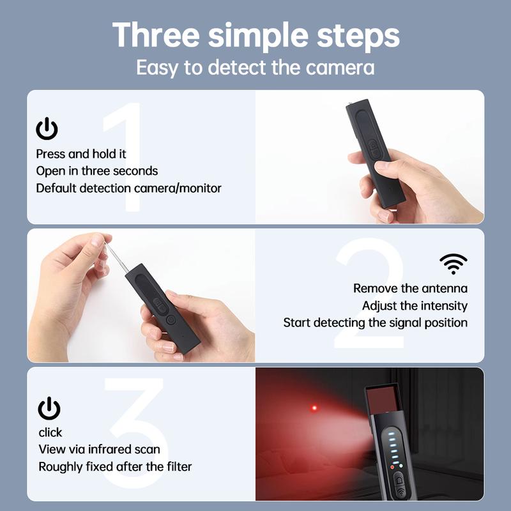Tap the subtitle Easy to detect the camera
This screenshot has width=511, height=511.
256,67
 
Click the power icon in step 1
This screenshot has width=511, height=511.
47,130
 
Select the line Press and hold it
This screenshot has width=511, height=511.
81,154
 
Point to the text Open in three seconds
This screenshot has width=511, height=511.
97,171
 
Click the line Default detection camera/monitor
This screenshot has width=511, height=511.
129,188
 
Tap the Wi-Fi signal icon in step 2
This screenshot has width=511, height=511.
454,263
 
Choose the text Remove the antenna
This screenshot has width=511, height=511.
410,289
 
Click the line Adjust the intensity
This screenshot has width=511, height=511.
415,306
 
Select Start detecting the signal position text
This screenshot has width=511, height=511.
376,323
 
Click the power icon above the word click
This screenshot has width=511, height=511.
49,408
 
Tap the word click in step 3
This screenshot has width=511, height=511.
50,432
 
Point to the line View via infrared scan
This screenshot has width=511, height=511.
103,449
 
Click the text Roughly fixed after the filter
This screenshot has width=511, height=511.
115,466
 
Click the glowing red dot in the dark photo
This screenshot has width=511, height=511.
314,408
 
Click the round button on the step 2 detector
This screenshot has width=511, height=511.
170,319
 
